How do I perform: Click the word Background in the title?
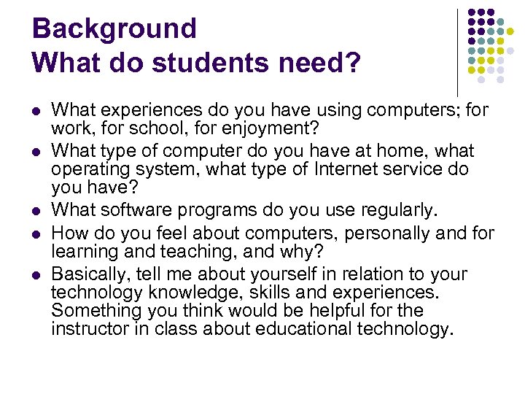(114, 28)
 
